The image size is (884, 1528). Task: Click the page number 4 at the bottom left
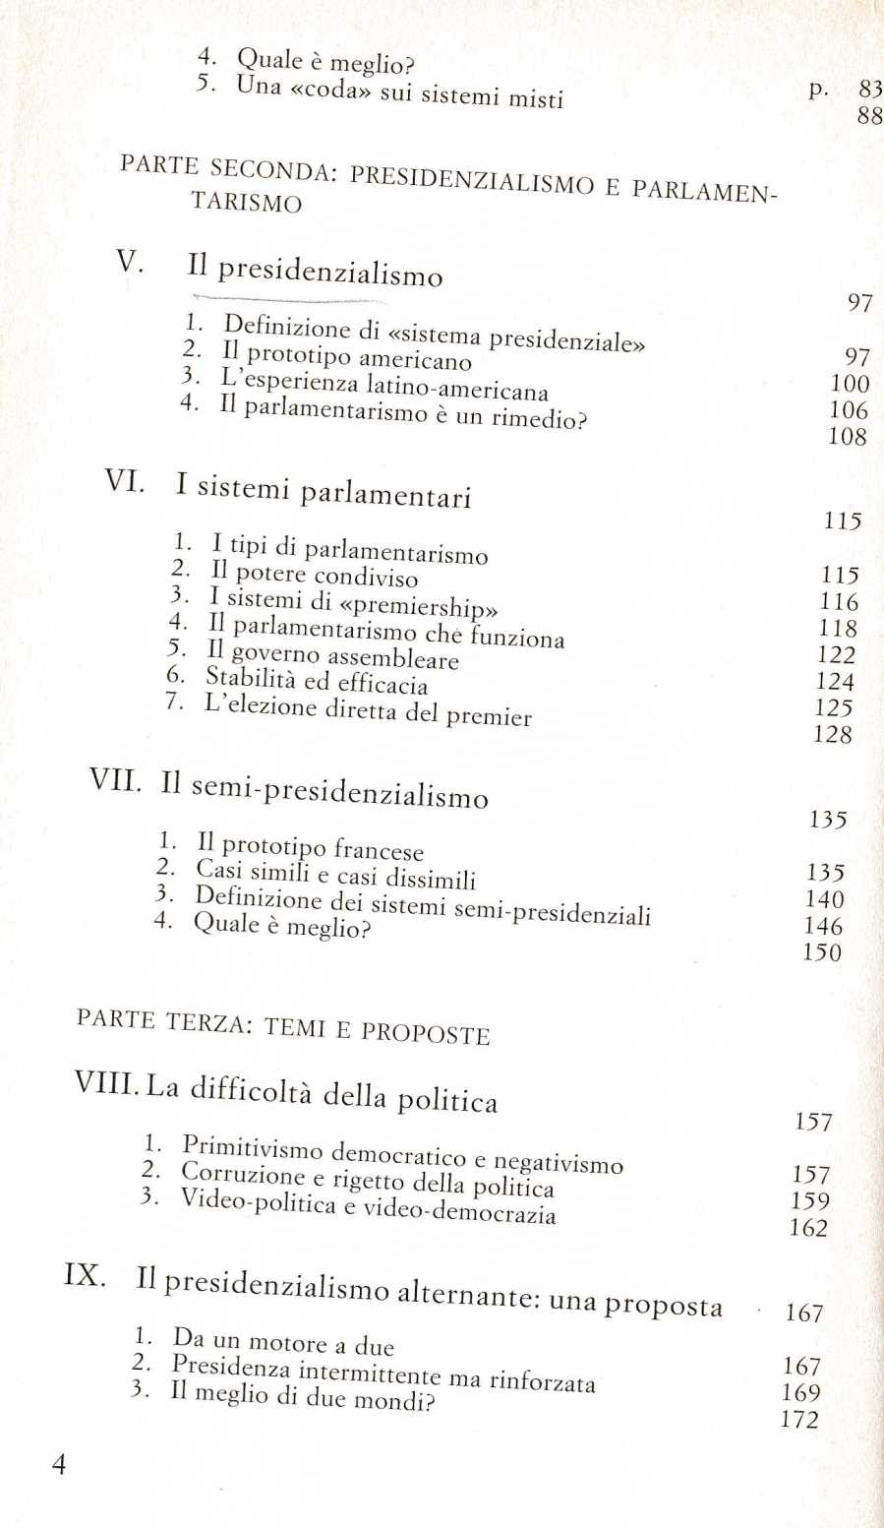[x=59, y=1465]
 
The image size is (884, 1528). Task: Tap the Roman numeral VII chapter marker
[x=115, y=780]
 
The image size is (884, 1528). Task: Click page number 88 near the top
[x=869, y=116]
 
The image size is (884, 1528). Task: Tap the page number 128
[x=832, y=734]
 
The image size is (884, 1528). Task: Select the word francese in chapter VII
[x=379, y=850]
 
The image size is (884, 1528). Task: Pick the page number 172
[x=798, y=1419]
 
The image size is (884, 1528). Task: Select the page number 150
[x=822, y=952]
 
